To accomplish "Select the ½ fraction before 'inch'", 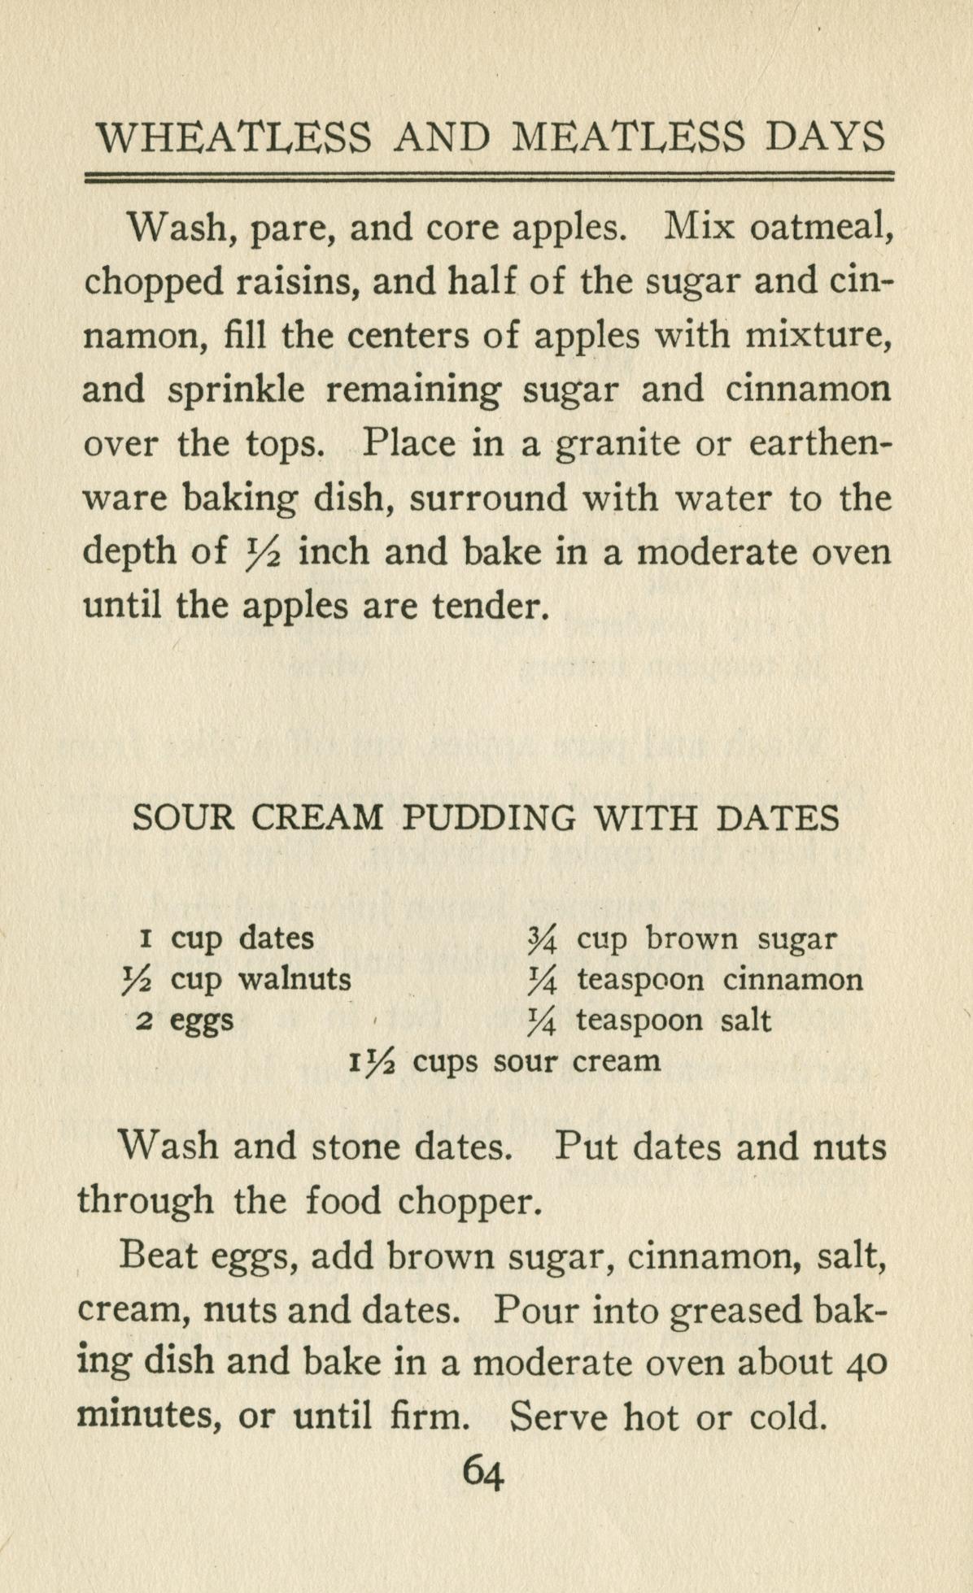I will coord(262,553).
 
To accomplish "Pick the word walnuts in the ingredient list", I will coord(295,979).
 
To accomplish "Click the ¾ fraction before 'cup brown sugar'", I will coord(541,941).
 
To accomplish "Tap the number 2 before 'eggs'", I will coord(143,1021).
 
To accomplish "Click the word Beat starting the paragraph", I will coord(158,1256).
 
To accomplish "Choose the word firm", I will coord(429,1417).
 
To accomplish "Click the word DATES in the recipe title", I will coord(778,818).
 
